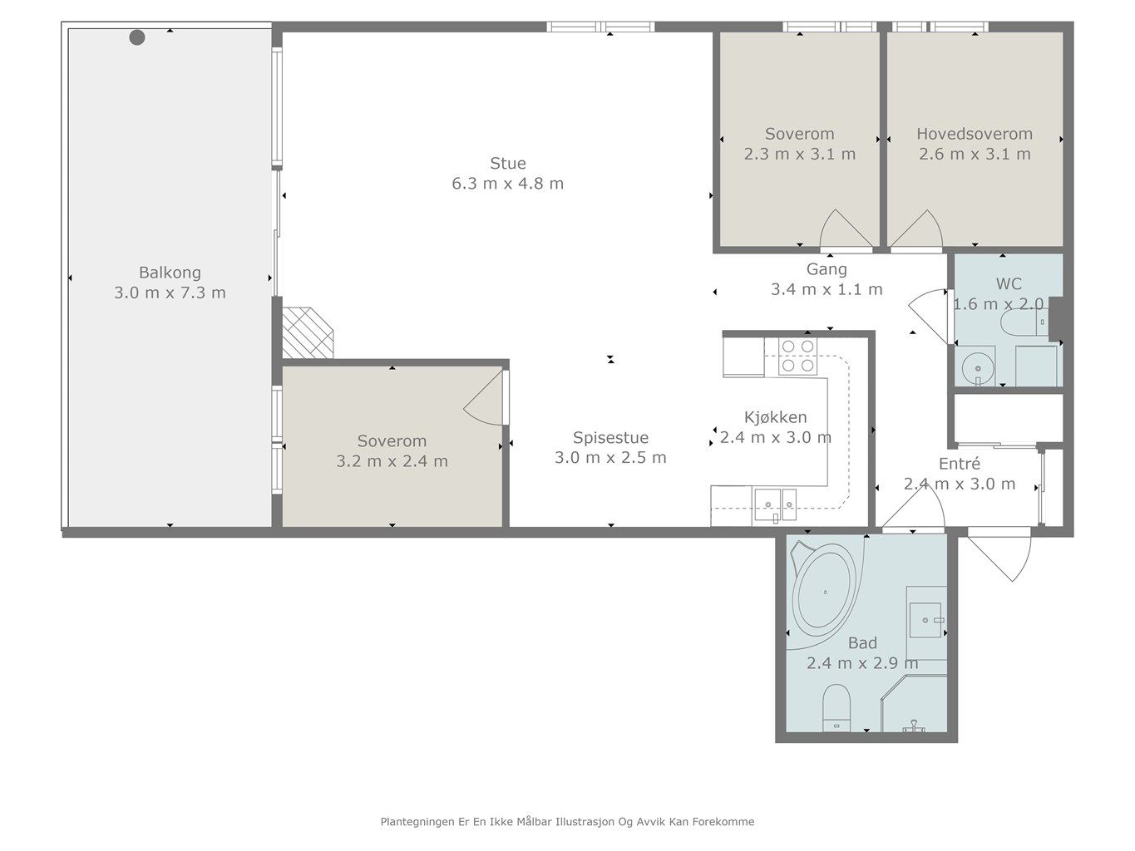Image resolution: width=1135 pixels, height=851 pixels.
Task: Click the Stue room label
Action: [508, 163]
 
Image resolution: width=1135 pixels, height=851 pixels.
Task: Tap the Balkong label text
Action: [170, 273]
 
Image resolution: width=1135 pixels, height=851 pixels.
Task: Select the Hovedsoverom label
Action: [975, 134]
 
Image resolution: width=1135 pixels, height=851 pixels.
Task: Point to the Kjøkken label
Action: [775, 417]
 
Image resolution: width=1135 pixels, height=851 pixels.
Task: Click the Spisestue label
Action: [610, 438]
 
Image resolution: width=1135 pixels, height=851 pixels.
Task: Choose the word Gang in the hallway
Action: [827, 269]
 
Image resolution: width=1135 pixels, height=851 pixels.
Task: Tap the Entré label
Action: [960, 464]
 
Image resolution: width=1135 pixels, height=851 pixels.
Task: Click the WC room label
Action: [1009, 283]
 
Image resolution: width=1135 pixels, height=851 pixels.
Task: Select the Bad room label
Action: [862, 642]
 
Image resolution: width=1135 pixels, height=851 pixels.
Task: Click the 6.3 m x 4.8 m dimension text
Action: [508, 184]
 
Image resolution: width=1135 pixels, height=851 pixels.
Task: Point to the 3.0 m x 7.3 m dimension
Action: [170, 293]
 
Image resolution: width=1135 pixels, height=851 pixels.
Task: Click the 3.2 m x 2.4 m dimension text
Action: [392, 461]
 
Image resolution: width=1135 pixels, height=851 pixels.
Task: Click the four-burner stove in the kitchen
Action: [798, 356]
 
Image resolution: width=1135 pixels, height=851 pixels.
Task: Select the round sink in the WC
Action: [977, 368]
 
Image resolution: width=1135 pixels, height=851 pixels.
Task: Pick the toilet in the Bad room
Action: [836, 708]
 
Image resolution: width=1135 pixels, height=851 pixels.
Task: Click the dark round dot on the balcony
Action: [137, 37]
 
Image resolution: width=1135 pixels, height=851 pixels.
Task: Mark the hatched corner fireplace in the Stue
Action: [307, 332]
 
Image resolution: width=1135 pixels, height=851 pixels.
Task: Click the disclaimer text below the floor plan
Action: [567, 822]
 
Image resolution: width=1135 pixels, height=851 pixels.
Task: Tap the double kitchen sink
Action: [775, 504]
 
